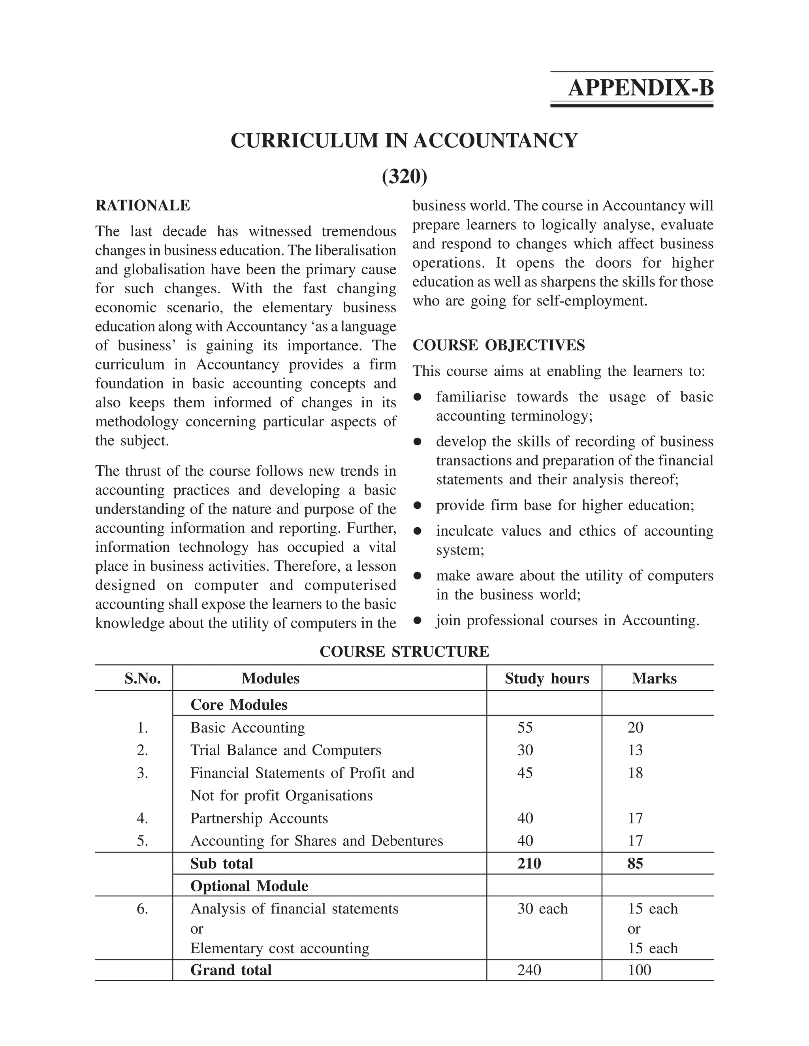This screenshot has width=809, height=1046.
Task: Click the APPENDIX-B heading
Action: (x=640, y=88)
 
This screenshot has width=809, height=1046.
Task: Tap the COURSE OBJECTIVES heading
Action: (x=499, y=345)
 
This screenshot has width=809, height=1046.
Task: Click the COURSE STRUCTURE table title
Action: (x=404, y=651)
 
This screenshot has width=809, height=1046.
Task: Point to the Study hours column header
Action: (x=546, y=678)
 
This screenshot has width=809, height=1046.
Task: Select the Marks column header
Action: (x=654, y=678)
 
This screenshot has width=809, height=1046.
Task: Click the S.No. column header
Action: (x=142, y=678)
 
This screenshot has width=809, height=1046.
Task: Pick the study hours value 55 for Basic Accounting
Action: (x=525, y=727)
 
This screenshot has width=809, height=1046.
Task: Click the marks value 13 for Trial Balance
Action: (x=635, y=750)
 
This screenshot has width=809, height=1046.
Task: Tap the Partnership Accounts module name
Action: (x=259, y=818)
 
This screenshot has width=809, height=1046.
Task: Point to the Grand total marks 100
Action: (x=640, y=970)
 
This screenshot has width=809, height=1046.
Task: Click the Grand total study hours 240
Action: (x=529, y=970)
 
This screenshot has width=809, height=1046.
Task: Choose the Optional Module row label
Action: (x=249, y=886)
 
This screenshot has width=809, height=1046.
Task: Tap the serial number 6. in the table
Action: (x=142, y=909)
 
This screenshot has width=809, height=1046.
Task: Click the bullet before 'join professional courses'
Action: (x=418, y=620)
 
